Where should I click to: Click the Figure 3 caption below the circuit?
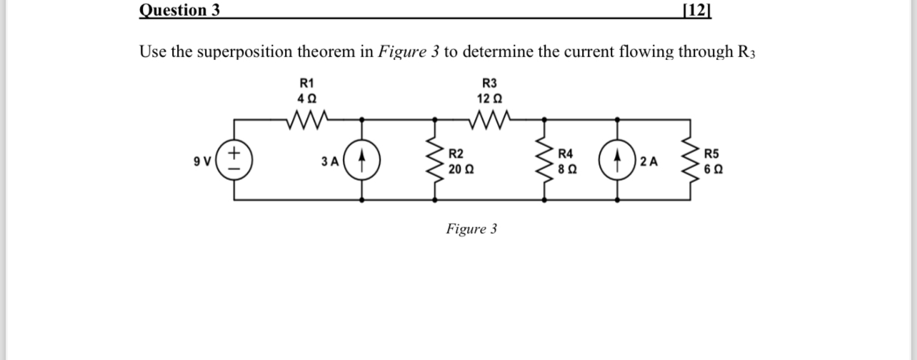pos(471,229)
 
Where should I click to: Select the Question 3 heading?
pos(179,10)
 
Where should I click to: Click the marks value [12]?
pos(697,10)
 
